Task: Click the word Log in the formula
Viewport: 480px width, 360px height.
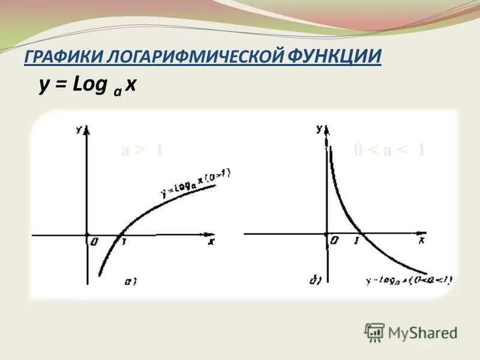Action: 89,85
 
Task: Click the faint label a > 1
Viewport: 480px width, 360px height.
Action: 142,150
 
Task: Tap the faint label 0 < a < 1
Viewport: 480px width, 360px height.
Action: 389,150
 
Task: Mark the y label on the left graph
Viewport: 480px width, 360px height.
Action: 79,129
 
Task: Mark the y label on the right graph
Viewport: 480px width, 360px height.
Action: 319,128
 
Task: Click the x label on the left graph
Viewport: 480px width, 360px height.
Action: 211,242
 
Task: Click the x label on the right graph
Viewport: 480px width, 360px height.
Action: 422,240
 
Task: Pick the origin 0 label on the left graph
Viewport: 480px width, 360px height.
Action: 94,242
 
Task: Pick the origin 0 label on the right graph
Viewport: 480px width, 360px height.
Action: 334,241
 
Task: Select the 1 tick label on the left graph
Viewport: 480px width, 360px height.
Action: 124,242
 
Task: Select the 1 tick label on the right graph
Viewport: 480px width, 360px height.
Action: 356,241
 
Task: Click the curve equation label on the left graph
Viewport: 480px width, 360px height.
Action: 196,183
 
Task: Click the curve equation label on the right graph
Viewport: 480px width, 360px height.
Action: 409,280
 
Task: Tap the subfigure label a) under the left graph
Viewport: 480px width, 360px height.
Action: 130,280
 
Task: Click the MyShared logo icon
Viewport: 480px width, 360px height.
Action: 374,332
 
